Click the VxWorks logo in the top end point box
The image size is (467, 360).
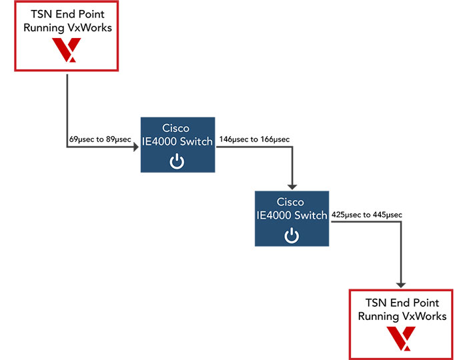click(x=66, y=50)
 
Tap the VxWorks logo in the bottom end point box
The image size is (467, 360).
click(x=402, y=338)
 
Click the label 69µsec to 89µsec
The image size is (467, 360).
click(x=100, y=139)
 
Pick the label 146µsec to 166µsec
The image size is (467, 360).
click(x=256, y=139)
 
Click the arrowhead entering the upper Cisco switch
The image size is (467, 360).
click(x=135, y=148)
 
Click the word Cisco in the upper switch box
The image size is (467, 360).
click(x=176, y=128)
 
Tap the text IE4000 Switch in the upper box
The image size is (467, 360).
click(x=177, y=141)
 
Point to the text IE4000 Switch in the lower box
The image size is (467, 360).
click(x=292, y=215)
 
